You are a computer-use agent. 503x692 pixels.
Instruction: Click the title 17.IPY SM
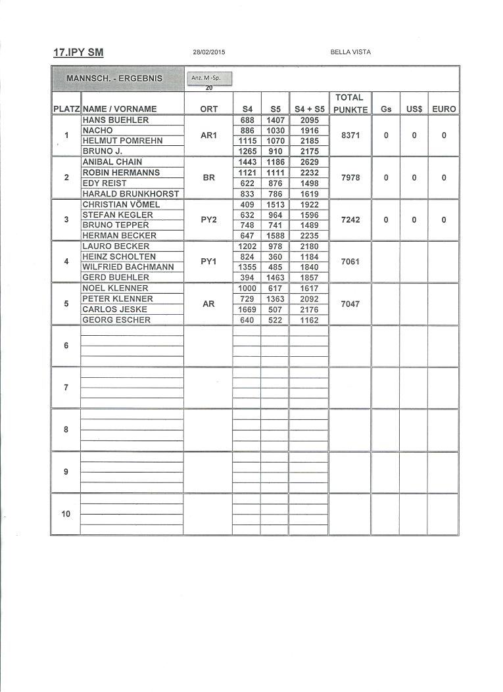tap(78, 53)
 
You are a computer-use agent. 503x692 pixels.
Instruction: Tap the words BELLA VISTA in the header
tap(350, 52)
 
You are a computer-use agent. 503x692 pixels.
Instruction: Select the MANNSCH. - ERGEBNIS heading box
tap(114, 79)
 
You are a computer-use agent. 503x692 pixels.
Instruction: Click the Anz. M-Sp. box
tap(209, 79)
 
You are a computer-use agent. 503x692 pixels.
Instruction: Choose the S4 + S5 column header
tap(309, 108)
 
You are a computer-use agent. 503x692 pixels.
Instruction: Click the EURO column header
tap(444, 108)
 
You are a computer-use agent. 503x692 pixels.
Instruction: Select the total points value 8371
tap(350, 135)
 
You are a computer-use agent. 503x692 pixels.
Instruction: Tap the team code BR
tap(208, 177)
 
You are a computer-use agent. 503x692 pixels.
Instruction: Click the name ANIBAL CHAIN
tap(112, 162)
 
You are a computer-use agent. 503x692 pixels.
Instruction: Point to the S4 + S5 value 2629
tap(308, 162)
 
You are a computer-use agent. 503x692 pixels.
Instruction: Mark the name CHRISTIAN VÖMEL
tap(121, 204)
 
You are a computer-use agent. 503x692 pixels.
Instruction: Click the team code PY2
tap(208, 219)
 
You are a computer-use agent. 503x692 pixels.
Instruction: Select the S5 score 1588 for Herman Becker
tap(275, 235)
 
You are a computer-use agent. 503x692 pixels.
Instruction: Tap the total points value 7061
tap(350, 262)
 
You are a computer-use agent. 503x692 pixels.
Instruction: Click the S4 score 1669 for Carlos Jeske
tap(247, 309)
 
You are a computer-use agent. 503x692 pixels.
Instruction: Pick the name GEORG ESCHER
tap(116, 319)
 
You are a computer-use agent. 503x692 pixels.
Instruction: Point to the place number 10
tap(66, 514)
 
